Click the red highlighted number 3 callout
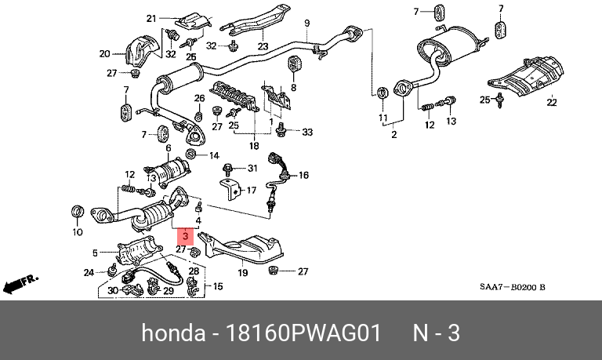pos(184,235)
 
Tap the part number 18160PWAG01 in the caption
pos(304,334)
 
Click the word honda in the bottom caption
pos(171,334)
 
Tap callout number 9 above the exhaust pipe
pos(307,22)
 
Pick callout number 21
pos(151,17)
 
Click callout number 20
pos(104,54)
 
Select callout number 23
pos(262,46)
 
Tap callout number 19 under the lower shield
pos(243,273)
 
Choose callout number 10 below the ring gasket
pos(77,233)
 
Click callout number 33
pos(307,131)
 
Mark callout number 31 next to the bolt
pos(252,169)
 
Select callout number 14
pos(215,156)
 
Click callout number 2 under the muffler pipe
pos(393,136)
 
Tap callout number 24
pos(89,272)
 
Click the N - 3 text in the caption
pos(436,334)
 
